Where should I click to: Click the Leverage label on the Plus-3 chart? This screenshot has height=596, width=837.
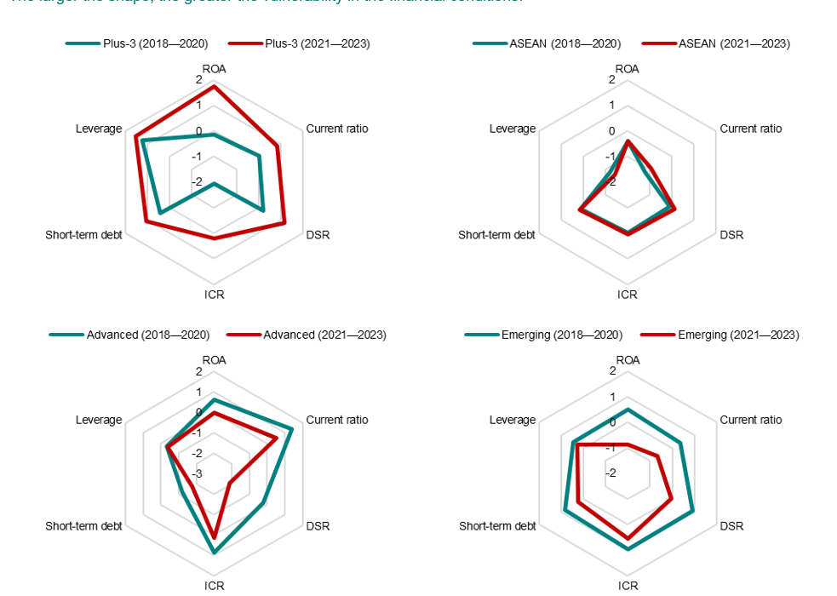pos(99,129)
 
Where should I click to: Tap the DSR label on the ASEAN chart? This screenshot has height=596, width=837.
pos(731,235)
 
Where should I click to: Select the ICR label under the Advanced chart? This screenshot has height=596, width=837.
pos(214,586)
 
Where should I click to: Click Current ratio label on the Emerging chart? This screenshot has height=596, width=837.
pos(750,420)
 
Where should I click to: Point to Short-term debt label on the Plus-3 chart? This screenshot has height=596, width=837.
pos(83,235)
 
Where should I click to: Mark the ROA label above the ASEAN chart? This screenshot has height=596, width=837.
pos(628,68)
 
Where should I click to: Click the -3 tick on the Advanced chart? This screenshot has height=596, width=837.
pos(197,473)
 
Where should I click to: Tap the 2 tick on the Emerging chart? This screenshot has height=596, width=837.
pos(611,371)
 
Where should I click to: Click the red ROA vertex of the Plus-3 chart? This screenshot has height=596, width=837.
pos(214,87)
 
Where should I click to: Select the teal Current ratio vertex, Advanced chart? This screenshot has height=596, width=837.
pos(292,428)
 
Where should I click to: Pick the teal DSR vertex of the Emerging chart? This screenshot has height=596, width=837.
pos(692,511)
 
